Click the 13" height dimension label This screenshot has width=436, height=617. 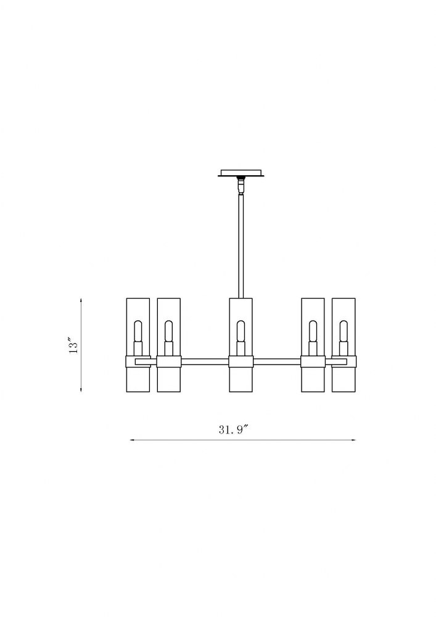pyautogui.click(x=73, y=345)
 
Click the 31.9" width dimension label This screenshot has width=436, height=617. pyautogui.click(x=234, y=429)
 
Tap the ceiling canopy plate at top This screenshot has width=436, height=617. pyautogui.click(x=241, y=173)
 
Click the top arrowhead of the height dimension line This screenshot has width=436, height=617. pyautogui.click(x=81, y=300)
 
